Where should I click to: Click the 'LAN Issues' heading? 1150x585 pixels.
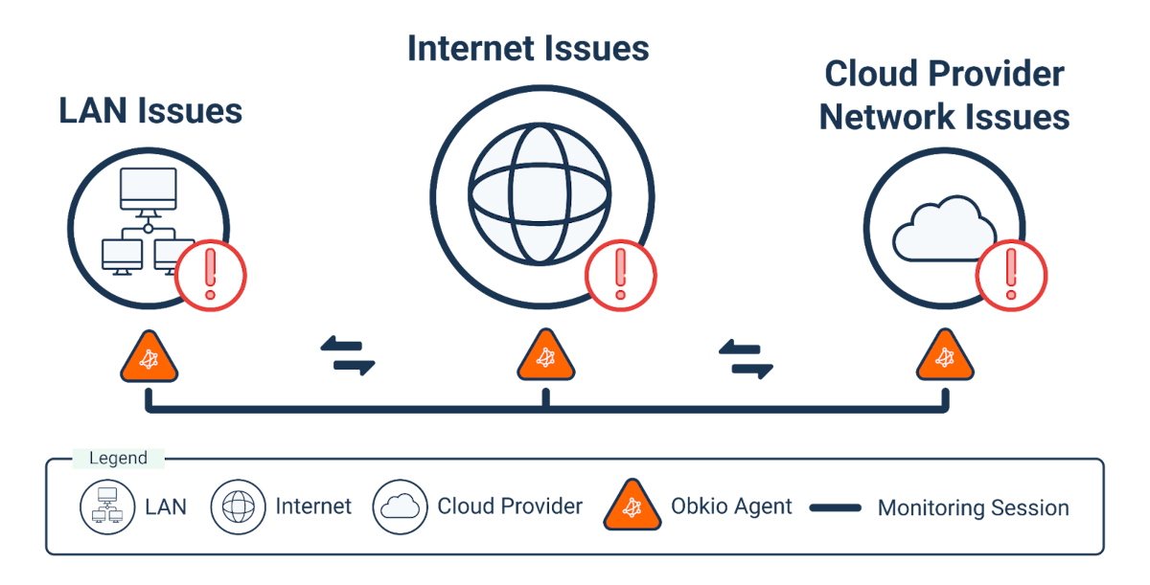click(150, 111)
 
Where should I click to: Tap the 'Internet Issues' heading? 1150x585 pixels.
click(528, 49)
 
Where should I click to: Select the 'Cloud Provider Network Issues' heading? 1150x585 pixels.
click(944, 96)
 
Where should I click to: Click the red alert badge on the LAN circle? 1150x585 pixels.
click(212, 277)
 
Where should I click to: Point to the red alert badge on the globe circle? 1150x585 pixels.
click(620, 275)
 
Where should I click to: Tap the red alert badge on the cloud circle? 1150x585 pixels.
click(1010, 275)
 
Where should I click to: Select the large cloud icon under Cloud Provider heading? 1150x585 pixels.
click(944, 228)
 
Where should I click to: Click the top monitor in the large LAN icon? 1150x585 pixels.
click(148, 190)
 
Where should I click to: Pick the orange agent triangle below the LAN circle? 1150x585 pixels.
click(149, 357)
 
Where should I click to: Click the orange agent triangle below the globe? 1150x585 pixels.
click(545, 357)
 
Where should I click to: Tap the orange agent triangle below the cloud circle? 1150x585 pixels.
click(944, 357)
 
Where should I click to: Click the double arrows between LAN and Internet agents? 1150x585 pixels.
click(347, 354)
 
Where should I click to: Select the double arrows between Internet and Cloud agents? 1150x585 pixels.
click(746, 357)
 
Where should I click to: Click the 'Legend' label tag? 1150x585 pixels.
click(118, 459)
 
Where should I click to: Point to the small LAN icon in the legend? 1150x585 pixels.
click(106, 506)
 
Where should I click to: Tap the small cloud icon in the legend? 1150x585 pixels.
click(400, 506)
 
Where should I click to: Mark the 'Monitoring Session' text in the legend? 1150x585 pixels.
click(973, 507)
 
